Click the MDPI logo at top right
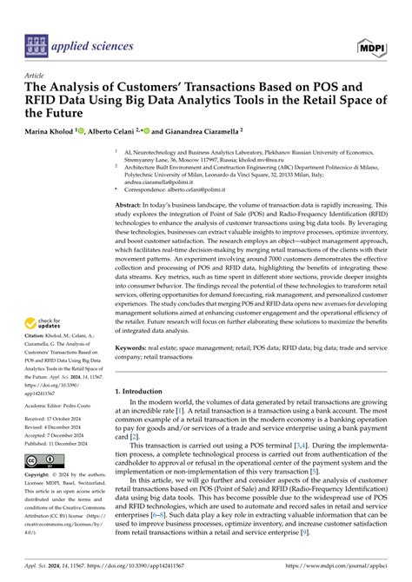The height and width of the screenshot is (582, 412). (381, 43)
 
